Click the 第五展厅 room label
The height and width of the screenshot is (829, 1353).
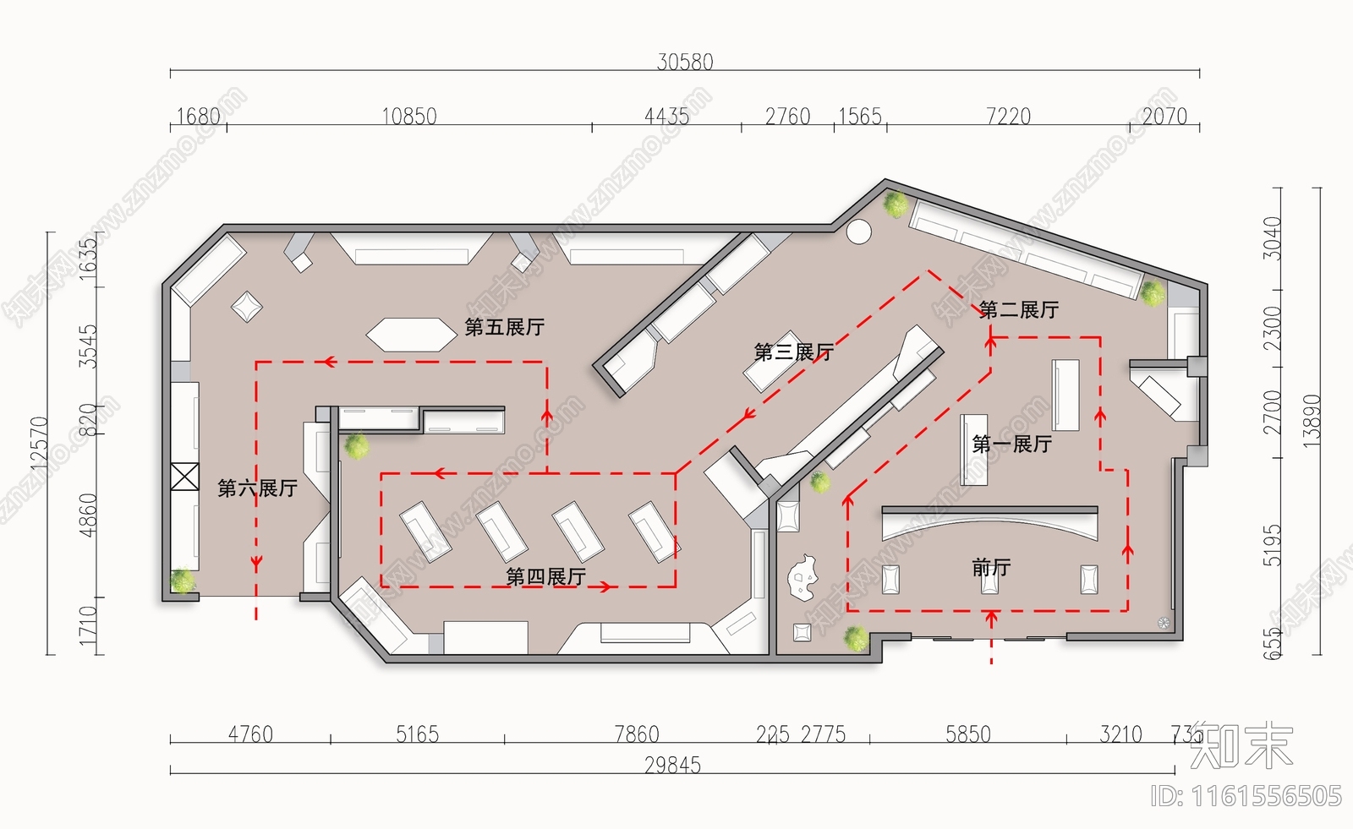(x=504, y=327)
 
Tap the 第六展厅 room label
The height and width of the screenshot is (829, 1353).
(x=257, y=488)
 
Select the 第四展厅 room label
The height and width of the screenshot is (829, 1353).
(x=545, y=577)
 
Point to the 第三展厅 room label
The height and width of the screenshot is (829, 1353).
(x=793, y=352)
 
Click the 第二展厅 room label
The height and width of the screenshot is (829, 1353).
(x=1018, y=310)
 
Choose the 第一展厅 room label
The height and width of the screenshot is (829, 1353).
(x=1011, y=444)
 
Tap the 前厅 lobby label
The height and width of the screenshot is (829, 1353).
(x=991, y=568)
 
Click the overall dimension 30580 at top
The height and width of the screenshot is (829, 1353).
(x=685, y=62)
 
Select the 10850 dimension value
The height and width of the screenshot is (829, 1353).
(x=409, y=117)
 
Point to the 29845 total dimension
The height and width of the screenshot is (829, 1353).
(x=672, y=766)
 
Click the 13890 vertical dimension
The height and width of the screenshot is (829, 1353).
(x=1311, y=420)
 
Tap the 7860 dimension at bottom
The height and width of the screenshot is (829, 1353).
(x=636, y=734)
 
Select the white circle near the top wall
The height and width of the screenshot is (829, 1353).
(x=858, y=232)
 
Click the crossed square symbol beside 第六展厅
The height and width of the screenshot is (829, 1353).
(x=184, y=477)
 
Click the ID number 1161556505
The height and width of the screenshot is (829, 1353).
(x=1246, y=796)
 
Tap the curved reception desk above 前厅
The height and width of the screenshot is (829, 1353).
(x=989, y=521)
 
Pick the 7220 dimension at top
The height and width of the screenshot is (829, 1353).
(x=1008, y=117)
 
